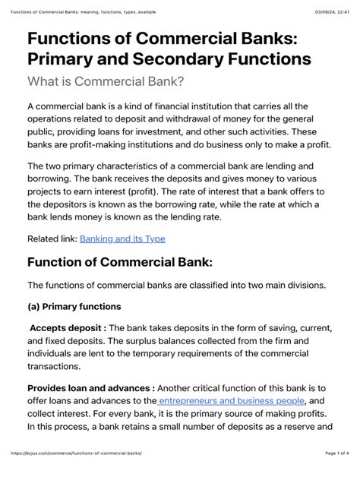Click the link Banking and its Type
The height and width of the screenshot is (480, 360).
click(x=122, y=238)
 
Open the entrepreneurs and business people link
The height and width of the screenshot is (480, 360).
click(x=231, y=400)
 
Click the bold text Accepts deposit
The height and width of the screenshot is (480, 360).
click(x=67, y=327)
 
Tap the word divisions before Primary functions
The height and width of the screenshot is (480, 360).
click(x=301, y=285)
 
